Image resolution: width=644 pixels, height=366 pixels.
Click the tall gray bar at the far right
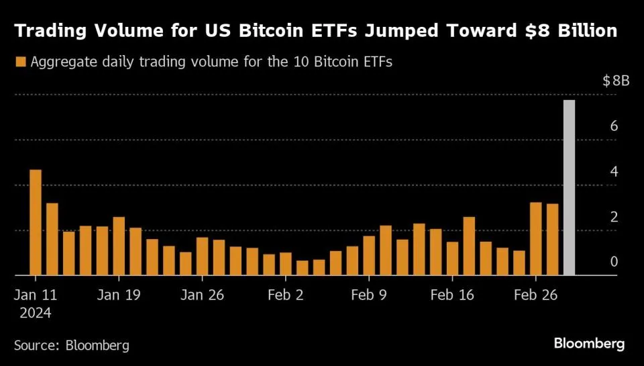(569, 187)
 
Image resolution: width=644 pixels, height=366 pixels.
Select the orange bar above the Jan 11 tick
(36, 222)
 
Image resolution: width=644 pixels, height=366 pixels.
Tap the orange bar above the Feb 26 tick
(536, 238)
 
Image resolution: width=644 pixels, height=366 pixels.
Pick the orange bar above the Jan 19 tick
(119, 246)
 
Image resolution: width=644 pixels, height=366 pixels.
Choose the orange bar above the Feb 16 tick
(452, 259)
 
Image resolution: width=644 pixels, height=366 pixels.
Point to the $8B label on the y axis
(616, 81)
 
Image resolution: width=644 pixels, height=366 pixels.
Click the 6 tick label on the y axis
(613, 126)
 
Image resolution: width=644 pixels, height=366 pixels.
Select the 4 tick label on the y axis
(613, 171)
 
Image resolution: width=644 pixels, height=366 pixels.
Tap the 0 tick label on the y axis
(613, 261)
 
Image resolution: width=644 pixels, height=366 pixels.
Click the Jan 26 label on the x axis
(202, 295)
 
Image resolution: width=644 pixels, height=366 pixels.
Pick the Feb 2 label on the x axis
(285, 295)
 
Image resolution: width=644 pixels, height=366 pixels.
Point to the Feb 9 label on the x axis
(368, 295)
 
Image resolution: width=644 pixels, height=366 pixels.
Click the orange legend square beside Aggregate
(20, 62)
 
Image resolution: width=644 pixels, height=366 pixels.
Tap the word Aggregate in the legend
(64, 62)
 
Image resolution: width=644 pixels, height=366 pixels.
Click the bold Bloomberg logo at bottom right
(589, 344)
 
